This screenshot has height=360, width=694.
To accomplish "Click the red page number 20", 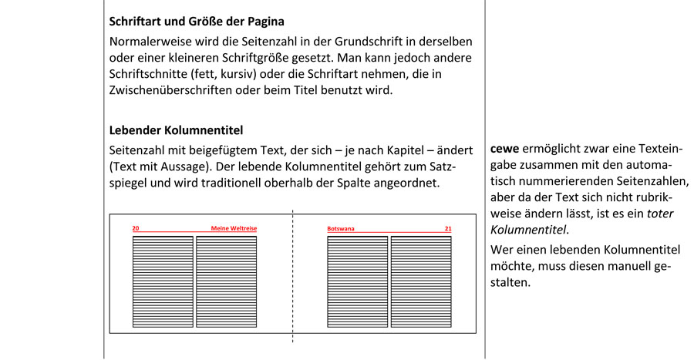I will click(136, 229).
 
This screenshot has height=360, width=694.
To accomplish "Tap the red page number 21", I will click(448, 229).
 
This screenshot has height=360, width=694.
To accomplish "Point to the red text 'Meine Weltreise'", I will click(234, 229).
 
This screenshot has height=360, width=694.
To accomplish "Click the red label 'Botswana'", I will click(341, 229).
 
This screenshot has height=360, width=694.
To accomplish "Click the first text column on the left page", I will click(161, 282).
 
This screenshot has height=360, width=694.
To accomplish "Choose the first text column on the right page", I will click(356, 282).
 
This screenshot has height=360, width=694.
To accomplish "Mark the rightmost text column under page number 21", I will click(420, 282).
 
